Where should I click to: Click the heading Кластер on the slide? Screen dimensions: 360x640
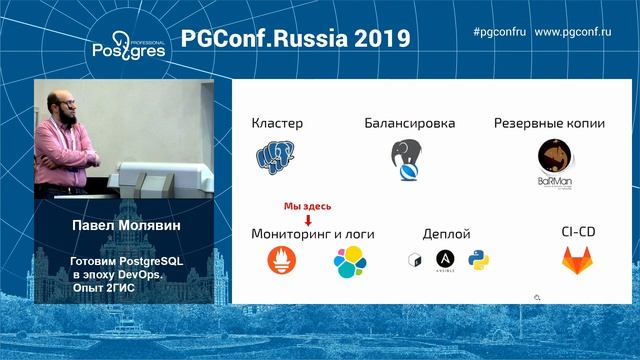[277, 124]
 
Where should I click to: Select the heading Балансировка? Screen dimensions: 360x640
[410, 124]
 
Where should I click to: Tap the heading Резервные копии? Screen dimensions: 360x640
[548, 124]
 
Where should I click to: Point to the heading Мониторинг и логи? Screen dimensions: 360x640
[313, 233]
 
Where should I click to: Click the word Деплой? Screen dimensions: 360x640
[446, 233]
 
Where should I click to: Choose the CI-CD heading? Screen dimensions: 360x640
[578, 232]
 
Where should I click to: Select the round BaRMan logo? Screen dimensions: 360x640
[555, 164]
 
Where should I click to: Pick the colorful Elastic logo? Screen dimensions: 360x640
[350, 262]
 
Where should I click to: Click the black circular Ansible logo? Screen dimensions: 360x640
[444, 262]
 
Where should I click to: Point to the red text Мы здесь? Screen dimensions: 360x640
[308, 205]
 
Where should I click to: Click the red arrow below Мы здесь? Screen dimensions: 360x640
[308, 218]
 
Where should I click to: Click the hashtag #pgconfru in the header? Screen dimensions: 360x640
[499, 32]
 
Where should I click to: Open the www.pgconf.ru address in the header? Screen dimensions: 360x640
[573, 32]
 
